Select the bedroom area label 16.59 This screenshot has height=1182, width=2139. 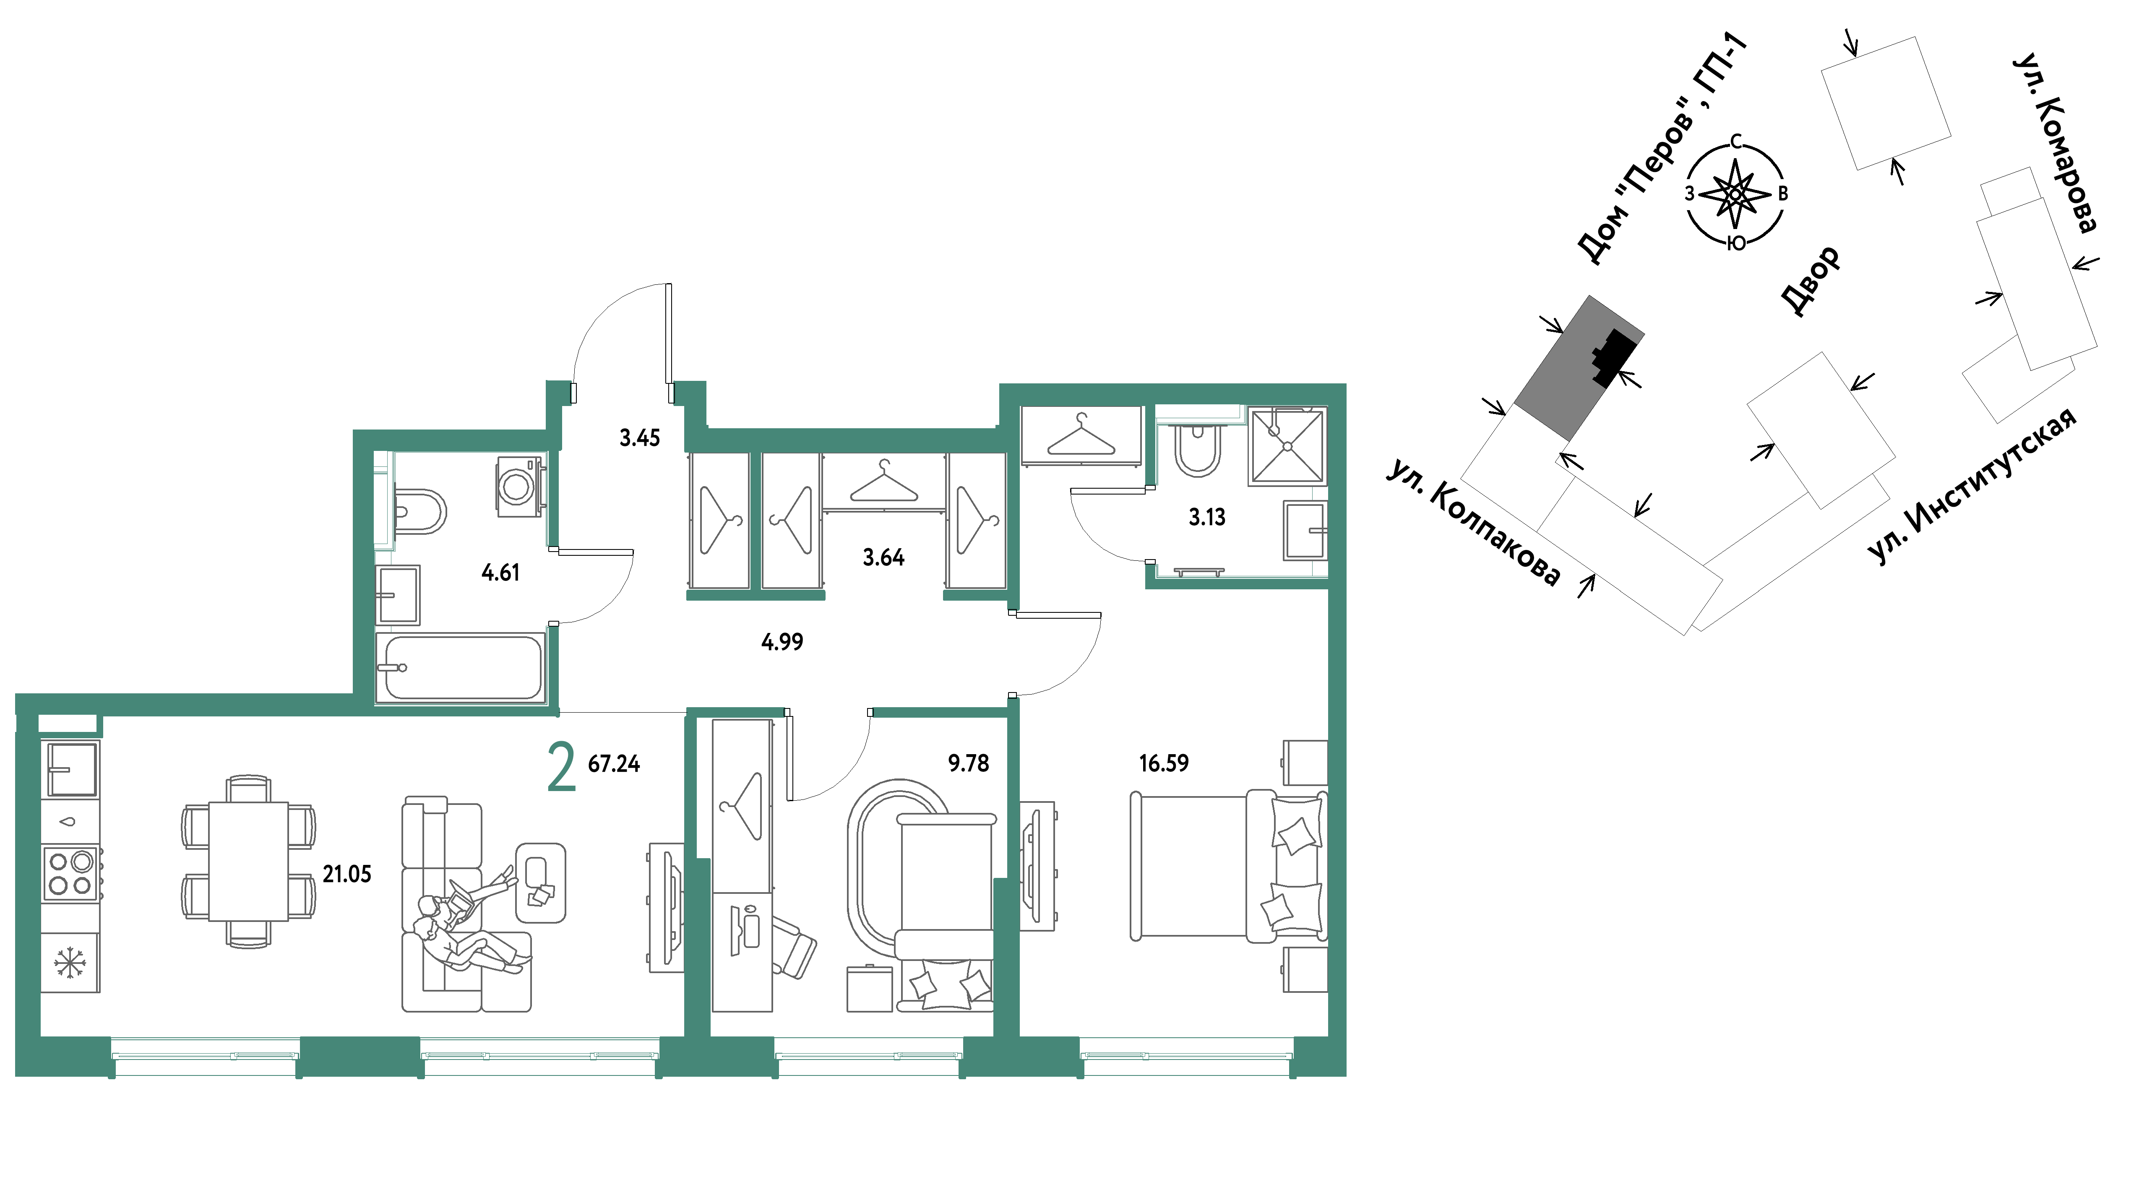[x=1163, y=763]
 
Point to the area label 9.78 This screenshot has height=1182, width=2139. [x=968, y=763]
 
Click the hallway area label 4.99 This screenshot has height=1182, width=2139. [x=782, y=642]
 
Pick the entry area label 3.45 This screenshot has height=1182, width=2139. [x=639, y=437]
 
